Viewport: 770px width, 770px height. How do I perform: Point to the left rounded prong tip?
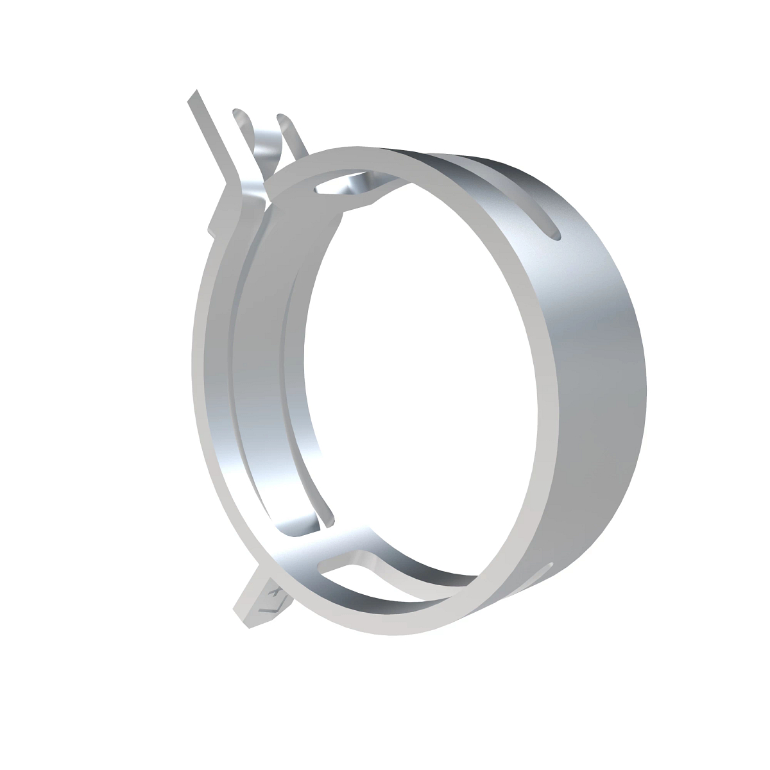click(239, 114)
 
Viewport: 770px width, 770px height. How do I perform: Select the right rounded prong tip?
click(282, 119)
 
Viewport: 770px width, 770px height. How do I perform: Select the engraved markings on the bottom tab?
click(273, 597)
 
